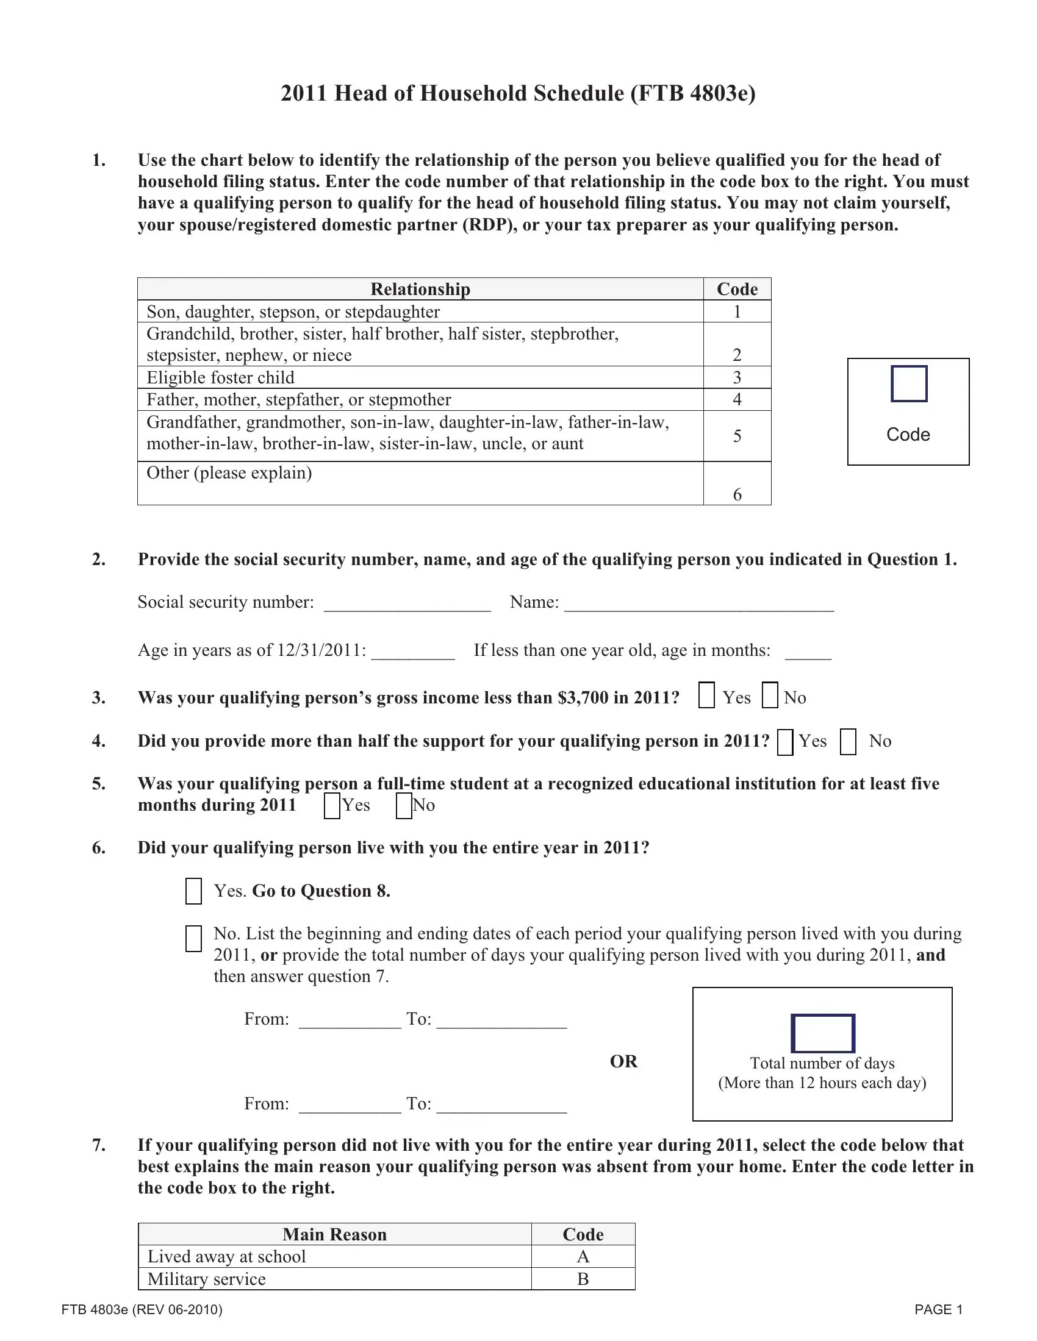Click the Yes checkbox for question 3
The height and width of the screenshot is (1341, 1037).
coord(706,695)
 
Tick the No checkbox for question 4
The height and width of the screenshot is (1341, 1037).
coord(848,741)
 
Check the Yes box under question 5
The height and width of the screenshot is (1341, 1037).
coord(332,806)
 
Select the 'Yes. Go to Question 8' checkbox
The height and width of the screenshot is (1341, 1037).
coord(193,891)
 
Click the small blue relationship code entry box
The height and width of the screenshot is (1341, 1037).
coord(909,384)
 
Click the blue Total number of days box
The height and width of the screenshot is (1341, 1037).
coord(823,1033)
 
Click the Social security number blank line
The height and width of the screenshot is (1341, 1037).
coord(407,604)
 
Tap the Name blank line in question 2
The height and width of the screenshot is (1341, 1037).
coord(699,604)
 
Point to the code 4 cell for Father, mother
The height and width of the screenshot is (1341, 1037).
coord(737,400)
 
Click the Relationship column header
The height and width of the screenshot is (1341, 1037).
coord(420,289)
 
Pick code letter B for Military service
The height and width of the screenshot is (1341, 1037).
coord(583,1279)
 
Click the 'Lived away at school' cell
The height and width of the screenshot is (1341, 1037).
coord(227,1256)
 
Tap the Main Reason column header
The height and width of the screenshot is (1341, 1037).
coord(334,1234)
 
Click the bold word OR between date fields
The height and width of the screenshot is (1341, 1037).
coord(623,1062)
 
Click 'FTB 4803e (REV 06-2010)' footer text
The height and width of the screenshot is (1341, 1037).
coord(142,1310)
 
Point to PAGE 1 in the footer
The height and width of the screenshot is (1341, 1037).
coord(938,1310)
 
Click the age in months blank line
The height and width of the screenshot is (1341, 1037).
coord(808,653)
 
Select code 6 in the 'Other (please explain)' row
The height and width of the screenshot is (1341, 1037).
coord(737,494)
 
